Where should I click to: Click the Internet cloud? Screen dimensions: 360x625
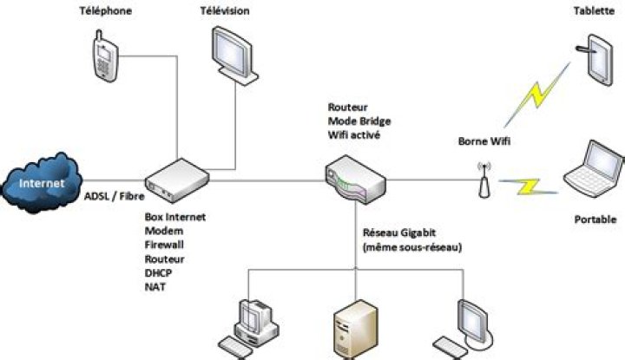pos(43,182)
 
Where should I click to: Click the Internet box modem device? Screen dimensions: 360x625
pos(178,180)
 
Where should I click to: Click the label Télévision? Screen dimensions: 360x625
pos(224,11)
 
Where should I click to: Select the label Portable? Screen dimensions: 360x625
pos(595,219)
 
